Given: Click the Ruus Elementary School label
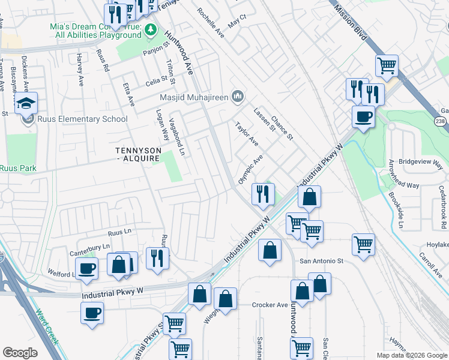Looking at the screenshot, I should coord(82,119).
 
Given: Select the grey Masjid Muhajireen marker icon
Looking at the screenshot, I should coord(238,96).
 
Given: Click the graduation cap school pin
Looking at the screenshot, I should coord(26,104).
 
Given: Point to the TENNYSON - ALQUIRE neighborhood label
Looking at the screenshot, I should coord(133,153).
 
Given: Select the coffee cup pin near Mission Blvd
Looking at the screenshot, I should coord(363,116).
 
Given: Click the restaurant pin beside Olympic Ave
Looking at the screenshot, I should coord(262,194).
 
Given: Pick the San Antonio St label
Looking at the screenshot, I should coord(321,261).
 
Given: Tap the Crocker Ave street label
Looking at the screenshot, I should coord(270,305).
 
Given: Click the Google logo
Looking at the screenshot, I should coord(20,353).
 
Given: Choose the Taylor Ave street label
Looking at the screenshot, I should coord(246,135).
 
